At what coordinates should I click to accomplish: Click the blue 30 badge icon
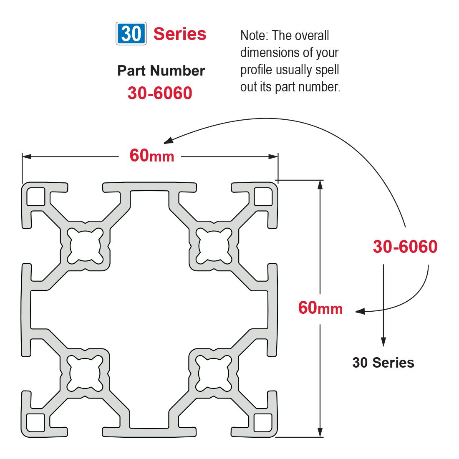[x=131, y=33]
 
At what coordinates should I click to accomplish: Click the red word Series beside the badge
[x=180, y=34]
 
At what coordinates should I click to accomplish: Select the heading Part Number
[x=161, y=71]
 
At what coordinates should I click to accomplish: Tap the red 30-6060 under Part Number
[x=160, y=93]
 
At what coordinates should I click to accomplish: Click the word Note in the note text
[x=253, y=35]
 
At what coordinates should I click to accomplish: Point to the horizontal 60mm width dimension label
[x=151, y=156]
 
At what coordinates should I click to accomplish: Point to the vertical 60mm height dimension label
[x=320, y=308]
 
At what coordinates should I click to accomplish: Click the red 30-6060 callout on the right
[x=405, y=247]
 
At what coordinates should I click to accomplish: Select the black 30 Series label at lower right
[x=383, y=363]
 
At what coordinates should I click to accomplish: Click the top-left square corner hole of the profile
[x=36, y=197]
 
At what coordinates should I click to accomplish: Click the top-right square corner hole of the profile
[x=263, y=197]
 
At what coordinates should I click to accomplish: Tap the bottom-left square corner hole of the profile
[x=36, y=423]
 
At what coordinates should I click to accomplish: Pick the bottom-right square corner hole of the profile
[x=263, y=423]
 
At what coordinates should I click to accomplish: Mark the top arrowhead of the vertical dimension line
[x=320, y=185]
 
